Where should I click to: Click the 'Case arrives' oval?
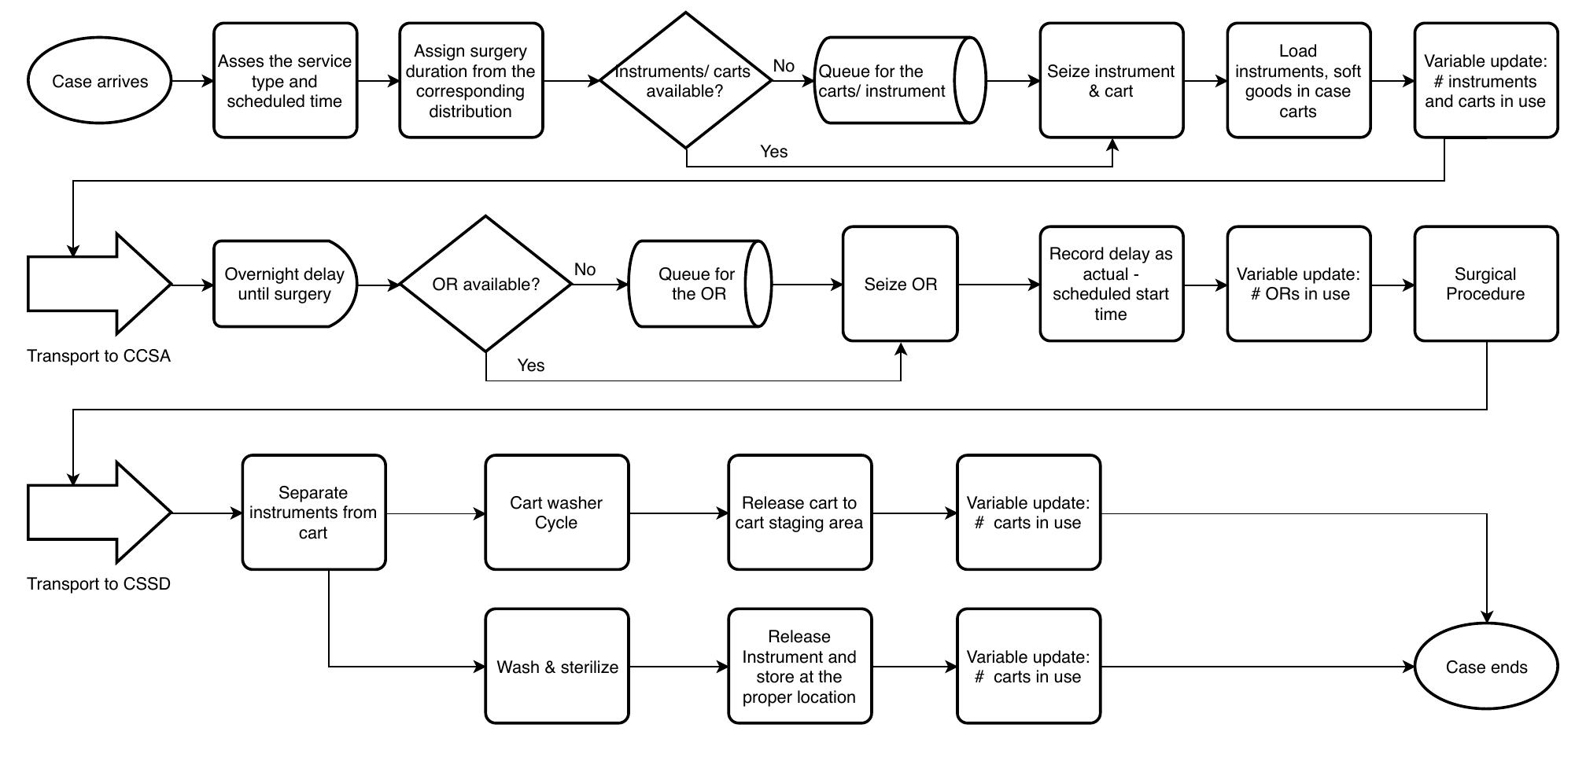(99, 81)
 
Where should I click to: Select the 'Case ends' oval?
(1486, 667)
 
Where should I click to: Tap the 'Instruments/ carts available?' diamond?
(685, 80)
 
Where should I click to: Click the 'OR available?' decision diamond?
(486, 284)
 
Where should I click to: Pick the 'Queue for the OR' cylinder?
(696, 284)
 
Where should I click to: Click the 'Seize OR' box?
(900, 284)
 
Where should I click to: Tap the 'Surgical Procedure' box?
(1485, 284)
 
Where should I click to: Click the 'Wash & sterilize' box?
(557, 667)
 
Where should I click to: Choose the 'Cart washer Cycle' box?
(557, 513)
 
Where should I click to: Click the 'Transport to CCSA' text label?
(99, 356)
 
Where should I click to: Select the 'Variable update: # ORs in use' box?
(1298, 284)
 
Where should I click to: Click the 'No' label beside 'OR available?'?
(585, 270)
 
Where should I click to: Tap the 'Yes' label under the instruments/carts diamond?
(773, 152)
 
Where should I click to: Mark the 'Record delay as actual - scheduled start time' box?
(1111, 284)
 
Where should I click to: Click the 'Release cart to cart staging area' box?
(799, 513)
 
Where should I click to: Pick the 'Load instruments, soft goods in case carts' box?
(1298, 81)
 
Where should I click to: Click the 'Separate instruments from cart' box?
(313, 513)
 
